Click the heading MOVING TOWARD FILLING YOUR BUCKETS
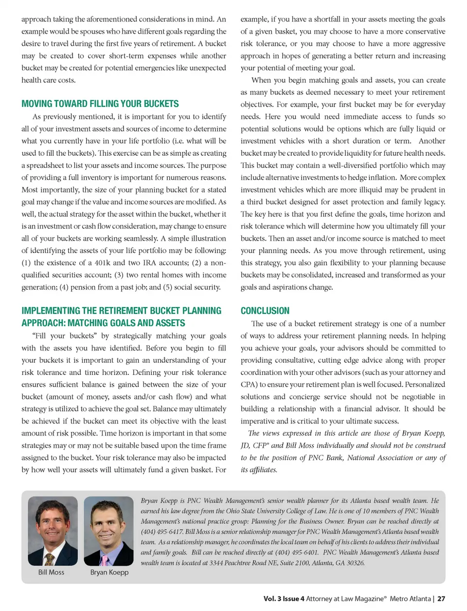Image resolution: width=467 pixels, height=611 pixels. (100, 104)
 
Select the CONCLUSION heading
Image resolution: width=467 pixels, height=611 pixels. (265, 311)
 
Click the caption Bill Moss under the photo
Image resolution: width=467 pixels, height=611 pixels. (51, 572)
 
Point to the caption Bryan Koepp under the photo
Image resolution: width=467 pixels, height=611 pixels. (109, 572)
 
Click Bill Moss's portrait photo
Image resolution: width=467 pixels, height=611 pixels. (53, 531)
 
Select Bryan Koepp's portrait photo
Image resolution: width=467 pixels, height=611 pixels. (108, 531)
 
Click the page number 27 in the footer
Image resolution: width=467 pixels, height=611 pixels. (441, 599)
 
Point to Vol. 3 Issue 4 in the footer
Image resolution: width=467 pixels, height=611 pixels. (284, 599)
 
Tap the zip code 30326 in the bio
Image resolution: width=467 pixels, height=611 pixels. (355, 563)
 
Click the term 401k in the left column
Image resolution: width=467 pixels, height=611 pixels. (102, 263)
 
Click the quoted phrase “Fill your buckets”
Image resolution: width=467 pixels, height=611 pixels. (71, 336)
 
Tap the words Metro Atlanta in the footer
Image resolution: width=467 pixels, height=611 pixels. (410, 599)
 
